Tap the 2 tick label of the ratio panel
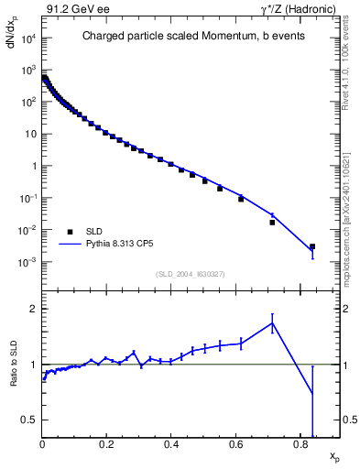[x=33, y=309]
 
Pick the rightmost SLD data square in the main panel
[x=312, y=246]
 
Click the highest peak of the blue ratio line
[x=272, y=322]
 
